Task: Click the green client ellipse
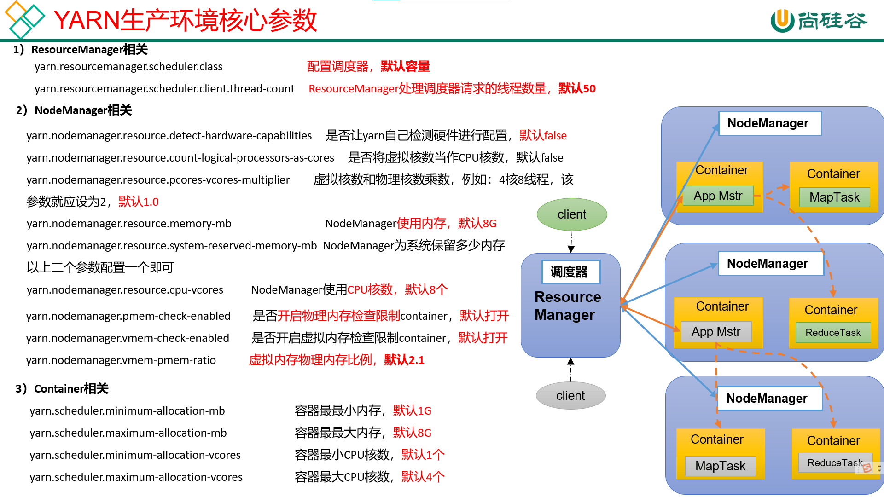pos(571,214)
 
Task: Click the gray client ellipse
pos(570,396)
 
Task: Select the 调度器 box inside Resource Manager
pos(570,272)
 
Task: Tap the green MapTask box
pos(834,197)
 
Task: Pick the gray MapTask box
pos(720,466)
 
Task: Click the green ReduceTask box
pos(833,333)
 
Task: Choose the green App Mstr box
pos(718,196)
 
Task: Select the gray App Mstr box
pos(716,332)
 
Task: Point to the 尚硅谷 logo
pos(819,21)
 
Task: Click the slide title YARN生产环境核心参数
pos(186,21)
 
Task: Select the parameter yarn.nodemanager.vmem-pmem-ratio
pos(121,360)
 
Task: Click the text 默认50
pos(577,89)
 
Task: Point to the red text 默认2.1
pos(404,360)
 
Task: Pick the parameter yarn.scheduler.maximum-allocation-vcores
pos(136,477)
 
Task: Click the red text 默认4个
pos(423,477)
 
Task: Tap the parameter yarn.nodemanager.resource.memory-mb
pos(129,224)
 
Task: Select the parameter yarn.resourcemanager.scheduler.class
pos(128,67)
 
